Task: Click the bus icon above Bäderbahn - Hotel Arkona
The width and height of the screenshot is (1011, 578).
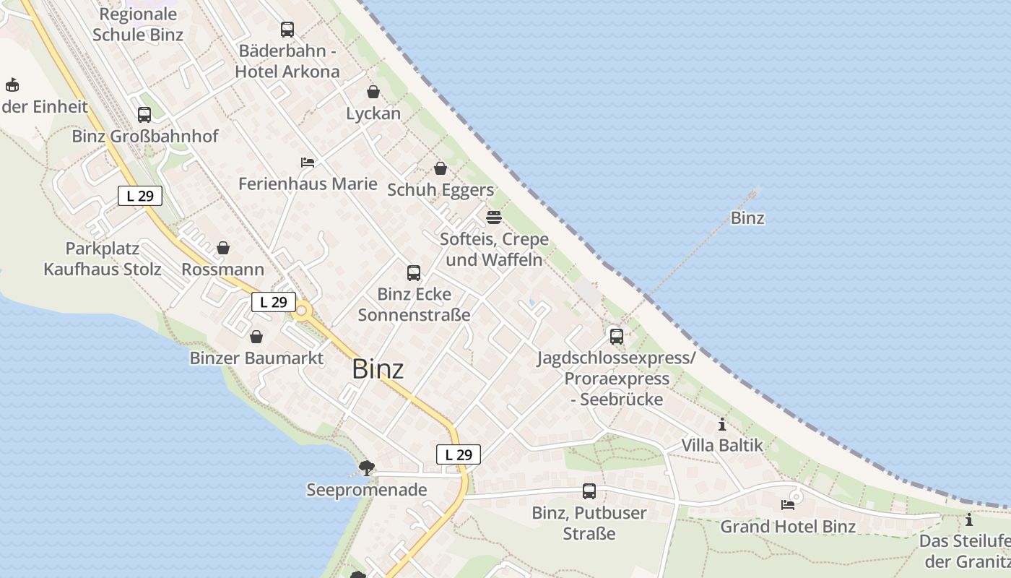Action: (287, 30)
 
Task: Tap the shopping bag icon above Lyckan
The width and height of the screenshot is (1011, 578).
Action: (373, 92)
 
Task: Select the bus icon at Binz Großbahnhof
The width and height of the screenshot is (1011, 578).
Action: (144, 115)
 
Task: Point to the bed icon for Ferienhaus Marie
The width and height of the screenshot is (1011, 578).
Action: (308, 163)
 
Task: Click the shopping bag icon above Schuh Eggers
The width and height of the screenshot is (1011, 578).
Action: (441, 168)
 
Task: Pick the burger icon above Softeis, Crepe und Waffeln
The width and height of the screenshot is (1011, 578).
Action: (494, 217)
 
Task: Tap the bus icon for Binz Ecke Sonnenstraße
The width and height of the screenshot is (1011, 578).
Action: (414, 272)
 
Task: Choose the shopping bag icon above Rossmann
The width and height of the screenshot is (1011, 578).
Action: (223, 248)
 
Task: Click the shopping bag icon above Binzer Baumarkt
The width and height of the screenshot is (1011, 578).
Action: (256, 337)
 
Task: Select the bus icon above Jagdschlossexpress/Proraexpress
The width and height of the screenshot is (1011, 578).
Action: (617, 336)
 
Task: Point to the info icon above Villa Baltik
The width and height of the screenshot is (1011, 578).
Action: (722, 424)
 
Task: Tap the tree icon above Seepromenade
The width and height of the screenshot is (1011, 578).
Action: (367, 467)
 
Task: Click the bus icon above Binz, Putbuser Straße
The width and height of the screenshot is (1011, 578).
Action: (589, 491)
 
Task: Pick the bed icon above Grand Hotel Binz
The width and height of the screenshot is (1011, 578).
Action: (788, 505)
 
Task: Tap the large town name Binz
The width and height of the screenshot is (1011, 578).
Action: (378, 369)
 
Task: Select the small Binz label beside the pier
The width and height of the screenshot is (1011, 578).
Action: (747, 218)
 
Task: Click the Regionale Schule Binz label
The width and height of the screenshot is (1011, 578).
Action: (138, 25)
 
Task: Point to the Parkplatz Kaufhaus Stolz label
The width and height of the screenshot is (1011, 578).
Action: (103, 259)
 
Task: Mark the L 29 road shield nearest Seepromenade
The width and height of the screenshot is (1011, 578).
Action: (459, 454)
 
